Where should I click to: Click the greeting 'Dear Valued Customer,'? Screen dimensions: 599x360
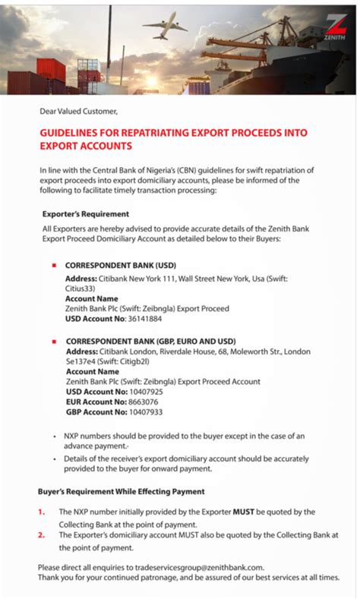[x=79, y=112]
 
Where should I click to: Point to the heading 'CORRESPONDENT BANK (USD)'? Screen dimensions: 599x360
[x=120, y=266]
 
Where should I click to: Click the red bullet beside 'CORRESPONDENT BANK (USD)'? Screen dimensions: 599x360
[x=54, y=266]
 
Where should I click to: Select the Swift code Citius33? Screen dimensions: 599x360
[x=83, y=288]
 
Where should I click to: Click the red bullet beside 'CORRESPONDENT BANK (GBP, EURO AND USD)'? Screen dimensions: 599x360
[x=54, y=341]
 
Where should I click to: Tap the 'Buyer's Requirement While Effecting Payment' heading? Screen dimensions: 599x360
[x=121, y=491]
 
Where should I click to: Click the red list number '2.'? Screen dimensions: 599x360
[x=42, y=534]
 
